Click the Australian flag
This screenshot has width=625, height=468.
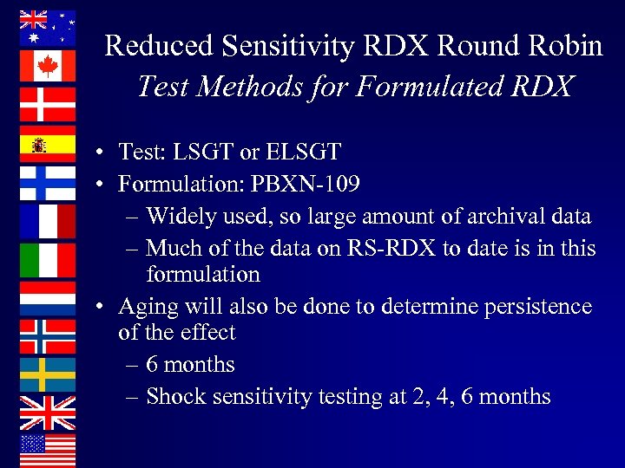tap(47, 28)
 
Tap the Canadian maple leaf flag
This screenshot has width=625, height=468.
tap(47, 66)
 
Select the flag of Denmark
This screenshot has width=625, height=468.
tap(47, 104)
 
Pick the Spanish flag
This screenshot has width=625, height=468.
tap(47, 144)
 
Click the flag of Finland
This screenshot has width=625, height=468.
tap(47, 182)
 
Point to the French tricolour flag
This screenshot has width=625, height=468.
tap(47, 221)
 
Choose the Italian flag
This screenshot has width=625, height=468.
tap(47, 259)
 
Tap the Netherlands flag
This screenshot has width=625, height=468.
tap(47, 297)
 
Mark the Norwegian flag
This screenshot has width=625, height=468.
tap(47, 336)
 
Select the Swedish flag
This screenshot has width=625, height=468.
tap(47, 374)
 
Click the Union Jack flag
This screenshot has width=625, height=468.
tap(47, 413)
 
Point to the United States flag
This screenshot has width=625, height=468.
tap(47, 450)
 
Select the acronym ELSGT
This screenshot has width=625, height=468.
tap(303, 153)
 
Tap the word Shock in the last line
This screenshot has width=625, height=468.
tap(174, 397)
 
